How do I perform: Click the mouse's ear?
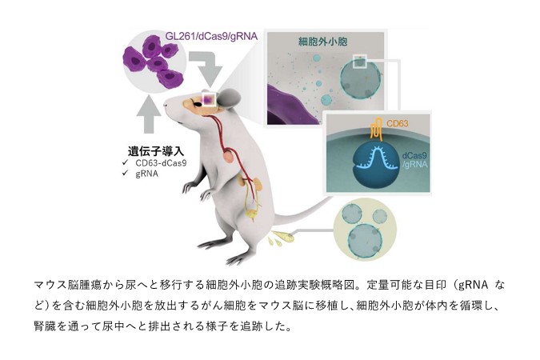pyautogui.click(x=230, y=97)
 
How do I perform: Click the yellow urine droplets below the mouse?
pyautogui.click(x=283, y=237)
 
